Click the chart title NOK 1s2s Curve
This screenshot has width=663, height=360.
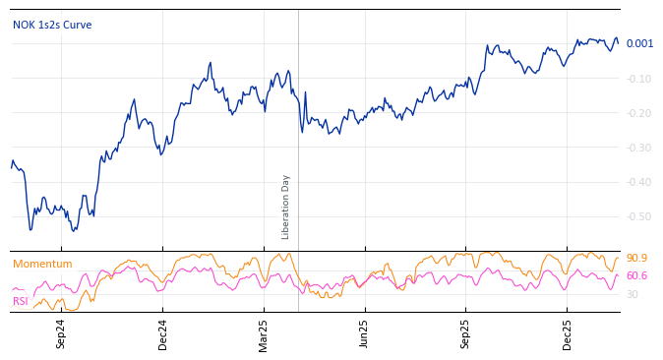tap(52, 25)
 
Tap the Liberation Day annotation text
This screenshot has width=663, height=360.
tap(286, 207)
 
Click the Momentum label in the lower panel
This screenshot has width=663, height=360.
tap(42, 264)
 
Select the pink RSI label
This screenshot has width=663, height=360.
tap(20, 301)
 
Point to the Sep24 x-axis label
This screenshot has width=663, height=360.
tap(61, 333)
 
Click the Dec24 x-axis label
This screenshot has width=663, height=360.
tap(163, 333)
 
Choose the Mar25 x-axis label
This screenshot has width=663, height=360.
tap(264, 333)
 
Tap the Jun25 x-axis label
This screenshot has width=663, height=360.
tap(364, 333)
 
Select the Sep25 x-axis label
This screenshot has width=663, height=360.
tap(466, 333)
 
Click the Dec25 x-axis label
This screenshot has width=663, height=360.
tap(568, 333)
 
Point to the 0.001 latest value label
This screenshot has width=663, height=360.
tap(639, 43)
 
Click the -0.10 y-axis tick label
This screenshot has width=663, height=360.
tap(638, 79)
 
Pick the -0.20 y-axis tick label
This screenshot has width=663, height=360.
tap(638, 113)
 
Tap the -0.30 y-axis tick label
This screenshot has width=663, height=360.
tap(638, 148)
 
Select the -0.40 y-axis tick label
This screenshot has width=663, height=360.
tap(638, 182)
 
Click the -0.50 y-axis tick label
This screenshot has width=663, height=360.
tap(638, 216)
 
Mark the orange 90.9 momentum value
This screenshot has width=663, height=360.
tap(636, 259)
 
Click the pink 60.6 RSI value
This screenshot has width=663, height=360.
tap(636, 276)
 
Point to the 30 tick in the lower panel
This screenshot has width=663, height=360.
tap(633, 294)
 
